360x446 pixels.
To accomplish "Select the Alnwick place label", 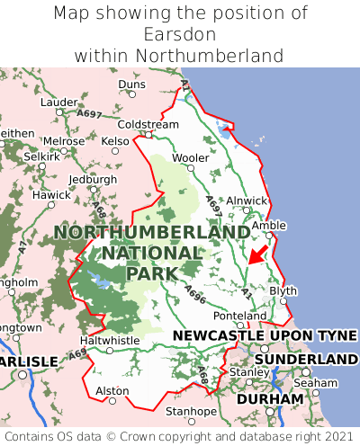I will coord(247,201).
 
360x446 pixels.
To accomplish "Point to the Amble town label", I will coord(269,226).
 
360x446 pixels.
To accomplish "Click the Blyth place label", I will coord(283,291).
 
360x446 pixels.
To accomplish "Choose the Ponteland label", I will coord(239,317).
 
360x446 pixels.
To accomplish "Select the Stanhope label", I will coord(191,412).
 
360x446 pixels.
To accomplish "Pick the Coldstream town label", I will coord(148,124).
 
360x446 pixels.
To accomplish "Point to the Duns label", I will coord(131,85).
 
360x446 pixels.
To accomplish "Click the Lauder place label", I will coord(59,103).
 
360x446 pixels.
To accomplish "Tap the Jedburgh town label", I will coord(93,179).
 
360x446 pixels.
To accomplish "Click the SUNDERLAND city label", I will coord(306,359).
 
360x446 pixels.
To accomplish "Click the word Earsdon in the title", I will coord(180,34).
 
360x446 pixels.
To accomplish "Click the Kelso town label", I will coord(115,141).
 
